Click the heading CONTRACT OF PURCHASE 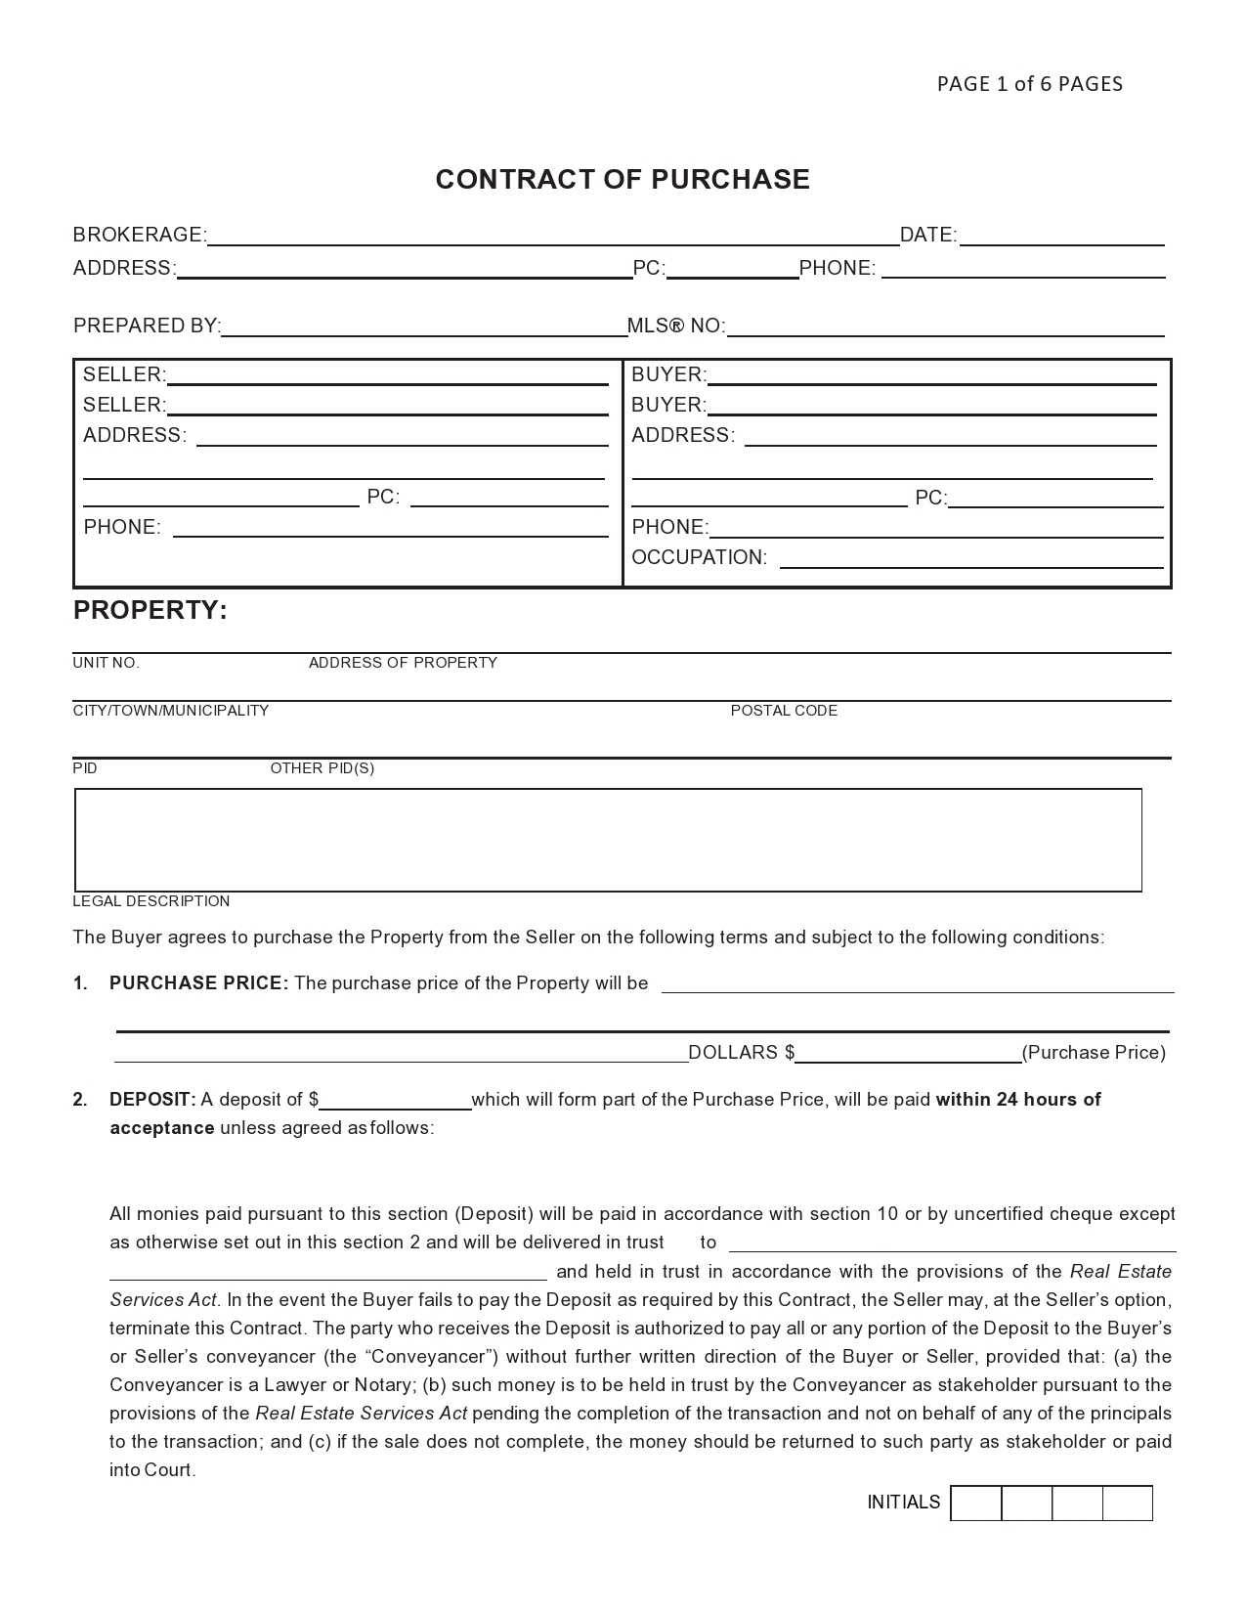pos(623,180)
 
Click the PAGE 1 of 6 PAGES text pos(1029,84)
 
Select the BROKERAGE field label pos(139,236)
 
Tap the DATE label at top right pos(926,236)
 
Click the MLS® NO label pos(675,327)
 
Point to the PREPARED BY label pos(147,327)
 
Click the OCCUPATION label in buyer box pos(699,558)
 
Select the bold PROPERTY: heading pos(150,611)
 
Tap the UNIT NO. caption pos(106,664)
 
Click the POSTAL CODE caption pos(784,712)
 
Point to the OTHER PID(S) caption pos(322,769)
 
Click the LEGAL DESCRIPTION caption pos(150,901)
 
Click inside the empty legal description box pos(608,841)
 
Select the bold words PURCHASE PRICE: pos(198,983)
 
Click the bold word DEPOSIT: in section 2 pos(152,1100)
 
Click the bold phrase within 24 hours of pos(1017,1100)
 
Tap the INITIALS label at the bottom pos(903,1503)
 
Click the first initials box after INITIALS pos(975,1504)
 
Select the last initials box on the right pos(1127,1504)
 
